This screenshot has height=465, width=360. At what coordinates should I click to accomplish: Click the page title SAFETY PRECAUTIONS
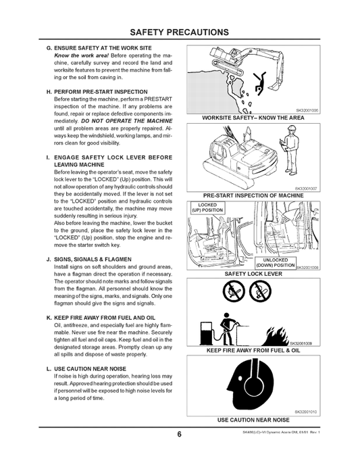(x=180, y=32)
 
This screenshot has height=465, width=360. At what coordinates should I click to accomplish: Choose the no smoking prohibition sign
(x=259, y=293)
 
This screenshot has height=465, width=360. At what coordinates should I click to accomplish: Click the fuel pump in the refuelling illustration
(x=211, y=332)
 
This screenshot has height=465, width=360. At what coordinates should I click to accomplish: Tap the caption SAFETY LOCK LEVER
(x=253, y=274)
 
